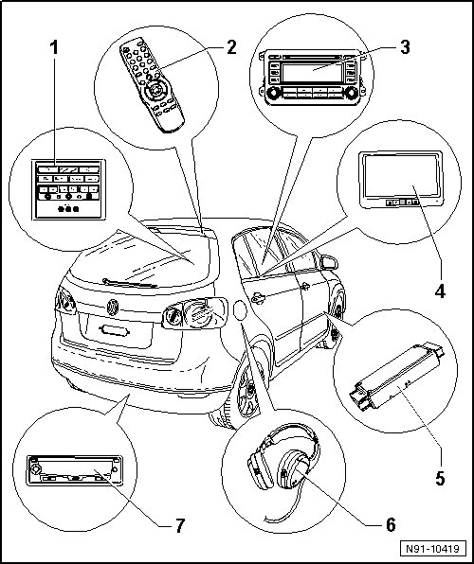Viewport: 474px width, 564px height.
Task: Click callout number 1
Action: [x=54, y=48]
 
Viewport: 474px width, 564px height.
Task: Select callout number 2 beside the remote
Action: [x=231, y=47]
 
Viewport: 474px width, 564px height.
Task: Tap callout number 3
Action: [x=405, y=47]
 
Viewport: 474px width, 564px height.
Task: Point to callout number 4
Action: [x=440, y=291]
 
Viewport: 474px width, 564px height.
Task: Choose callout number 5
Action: [x=440, y=478]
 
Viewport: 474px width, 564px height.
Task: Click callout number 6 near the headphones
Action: [x=391, y=525]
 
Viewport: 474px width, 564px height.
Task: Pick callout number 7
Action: [x=180, y=525]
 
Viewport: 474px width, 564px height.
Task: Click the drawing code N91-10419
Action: [x=433, y=549]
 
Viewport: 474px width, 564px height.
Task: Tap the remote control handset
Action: [x=152, y=84]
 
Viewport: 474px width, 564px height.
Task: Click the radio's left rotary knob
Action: [x=273, y=93]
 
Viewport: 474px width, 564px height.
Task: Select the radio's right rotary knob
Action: [x=350, y=93]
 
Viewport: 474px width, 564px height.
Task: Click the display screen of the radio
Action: [x=312, y=73]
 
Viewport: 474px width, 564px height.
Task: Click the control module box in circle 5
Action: [x=396, y=377]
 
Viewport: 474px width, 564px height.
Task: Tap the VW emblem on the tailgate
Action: [x=113, y=308]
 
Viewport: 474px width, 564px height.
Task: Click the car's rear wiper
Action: [x=130, y=283]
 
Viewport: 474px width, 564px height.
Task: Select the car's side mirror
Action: [x=328, y=262]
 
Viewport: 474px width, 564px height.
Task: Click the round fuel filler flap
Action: [x=240, y=310]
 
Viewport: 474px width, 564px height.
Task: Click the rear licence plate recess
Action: [x=116, y=330]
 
